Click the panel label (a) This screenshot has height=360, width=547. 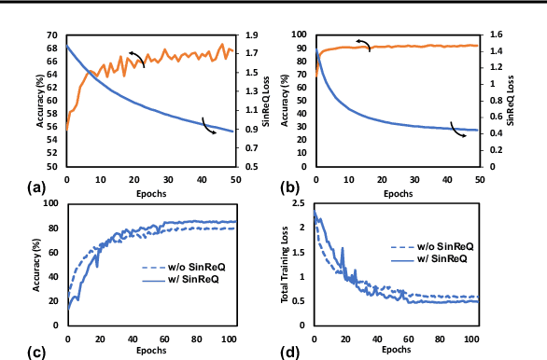[x=38, y=186]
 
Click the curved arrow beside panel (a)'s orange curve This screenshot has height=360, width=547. [x=136, y=60]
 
